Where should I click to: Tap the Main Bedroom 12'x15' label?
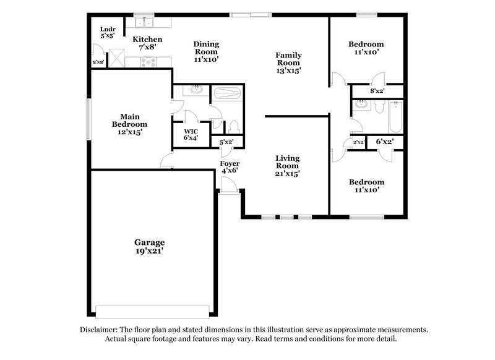pos(129,124)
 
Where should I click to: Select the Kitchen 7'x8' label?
pos(148,43)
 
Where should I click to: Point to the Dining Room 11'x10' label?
pos(206,52)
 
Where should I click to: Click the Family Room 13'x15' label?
pos(288,63)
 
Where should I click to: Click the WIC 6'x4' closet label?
pos(191,135)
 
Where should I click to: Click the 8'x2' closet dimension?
pos(377,91)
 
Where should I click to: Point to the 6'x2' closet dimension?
pos(385,142)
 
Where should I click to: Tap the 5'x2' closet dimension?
pos(227,142)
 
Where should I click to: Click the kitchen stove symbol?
pos(149,61)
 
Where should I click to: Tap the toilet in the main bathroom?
pos(234,127)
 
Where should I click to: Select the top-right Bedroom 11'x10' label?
pos(366,48)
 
